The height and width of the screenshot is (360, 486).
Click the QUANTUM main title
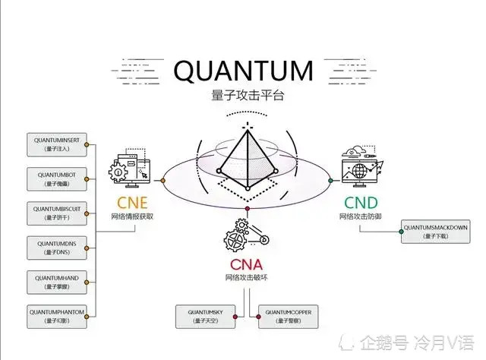point(243,71)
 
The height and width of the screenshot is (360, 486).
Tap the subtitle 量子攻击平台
point(243,97)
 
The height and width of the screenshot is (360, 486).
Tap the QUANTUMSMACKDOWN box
point(435,231)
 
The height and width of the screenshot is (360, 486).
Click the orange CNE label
point(131,203)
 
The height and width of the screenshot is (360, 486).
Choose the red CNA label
point(247,264)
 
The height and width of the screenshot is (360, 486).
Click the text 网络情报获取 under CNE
point(132,216)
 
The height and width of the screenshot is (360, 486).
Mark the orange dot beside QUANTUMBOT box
point(87,179)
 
